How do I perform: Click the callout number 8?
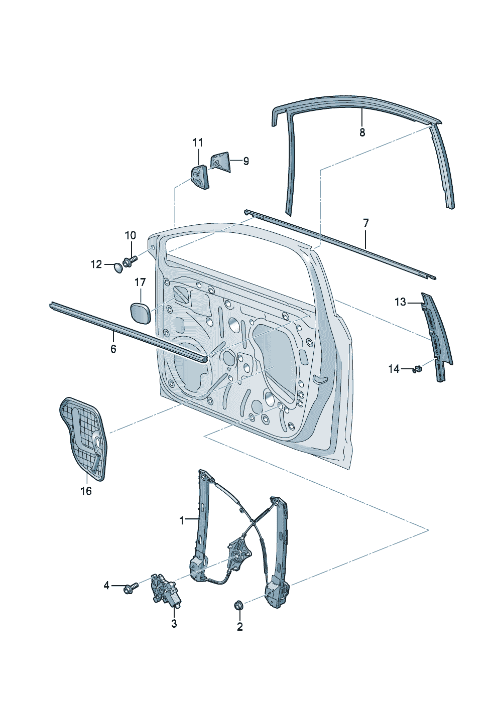[x=362, y=132]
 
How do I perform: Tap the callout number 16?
[x=86, y=491]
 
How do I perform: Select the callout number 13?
[x=400, y=302]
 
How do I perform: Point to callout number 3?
[x=174, y=624]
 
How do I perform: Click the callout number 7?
[x=365, y=222]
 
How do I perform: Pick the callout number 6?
[x=113, y=348]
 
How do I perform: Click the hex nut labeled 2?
[x=239, y=605]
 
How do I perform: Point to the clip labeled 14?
[x=417, y=370]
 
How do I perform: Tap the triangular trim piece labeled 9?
[x=220, y=162]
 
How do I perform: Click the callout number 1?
[x=182, y=521]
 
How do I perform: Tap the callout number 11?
[x=198, y=143]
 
